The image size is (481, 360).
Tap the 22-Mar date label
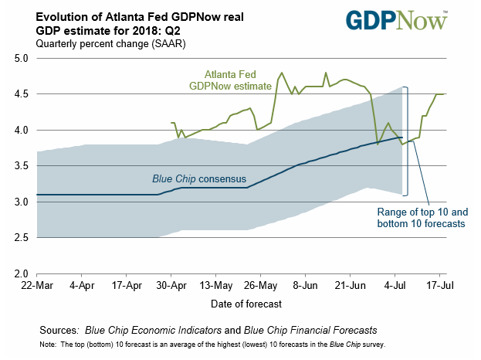pyautogui.click(x=37, y=286)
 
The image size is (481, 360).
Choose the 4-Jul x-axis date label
pyautogui.click(x=396, y=286)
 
